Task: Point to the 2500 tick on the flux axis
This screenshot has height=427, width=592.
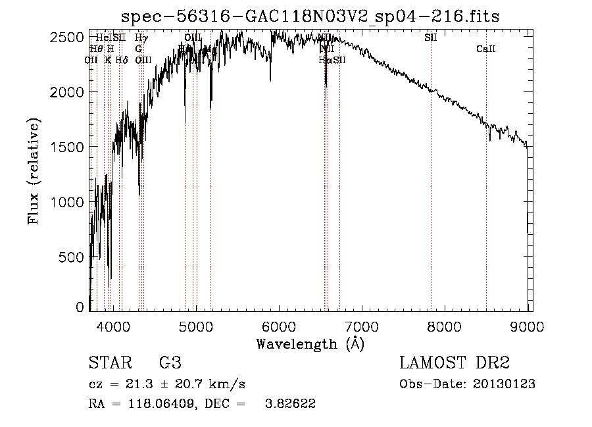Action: [69, 38]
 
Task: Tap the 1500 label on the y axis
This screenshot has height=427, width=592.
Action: [69, 147]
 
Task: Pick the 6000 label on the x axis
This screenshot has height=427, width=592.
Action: [278, 325]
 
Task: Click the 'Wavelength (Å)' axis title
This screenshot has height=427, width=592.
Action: [310, 343]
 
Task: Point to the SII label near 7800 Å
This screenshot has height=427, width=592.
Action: [431, 38]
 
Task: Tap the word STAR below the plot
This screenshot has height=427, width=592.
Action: [109, 363]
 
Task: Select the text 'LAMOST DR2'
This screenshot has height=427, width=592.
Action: [455, 363]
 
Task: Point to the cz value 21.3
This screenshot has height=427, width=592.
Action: [144, 384]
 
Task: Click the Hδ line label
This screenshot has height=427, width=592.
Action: [121, 60]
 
